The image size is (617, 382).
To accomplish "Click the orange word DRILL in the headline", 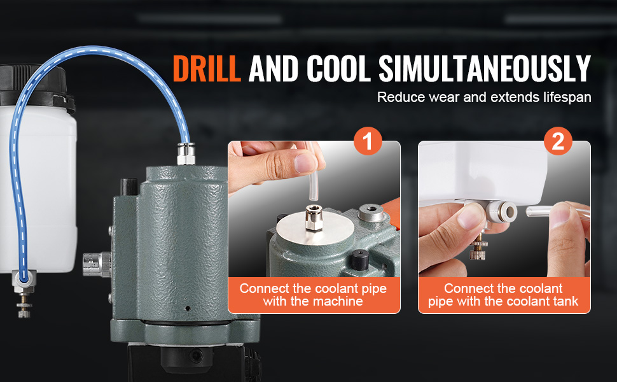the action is [x=207, y=69].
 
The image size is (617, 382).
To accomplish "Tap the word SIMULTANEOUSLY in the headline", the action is [x=485, y=69].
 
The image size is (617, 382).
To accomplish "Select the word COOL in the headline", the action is [x=338, y=69].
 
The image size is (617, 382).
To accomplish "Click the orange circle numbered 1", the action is [x=368, y=141].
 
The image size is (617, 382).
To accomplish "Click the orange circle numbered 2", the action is [x=558, y=141].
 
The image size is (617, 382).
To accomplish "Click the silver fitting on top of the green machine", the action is [x=186, y=153].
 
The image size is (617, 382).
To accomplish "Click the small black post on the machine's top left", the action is [x=128, y=187].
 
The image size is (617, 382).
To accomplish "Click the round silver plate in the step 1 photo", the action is [x=315, y=230].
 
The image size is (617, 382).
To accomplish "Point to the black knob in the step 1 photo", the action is [x=359, y=259].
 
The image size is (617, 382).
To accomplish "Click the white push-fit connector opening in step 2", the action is [x=510, y=212].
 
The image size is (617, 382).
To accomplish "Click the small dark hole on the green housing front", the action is [x=188, y=308].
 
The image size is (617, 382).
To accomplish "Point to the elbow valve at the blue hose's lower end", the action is [x=24, y=281].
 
